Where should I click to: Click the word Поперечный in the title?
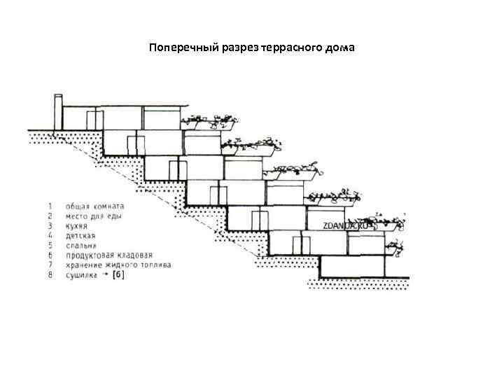click(177, 48)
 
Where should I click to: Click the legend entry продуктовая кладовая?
click(108, 255)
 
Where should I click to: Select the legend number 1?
click(50, 206)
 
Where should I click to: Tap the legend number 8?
click(50, 275)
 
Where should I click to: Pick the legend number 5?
click(50, 246)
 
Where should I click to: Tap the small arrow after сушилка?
click(104, 275)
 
